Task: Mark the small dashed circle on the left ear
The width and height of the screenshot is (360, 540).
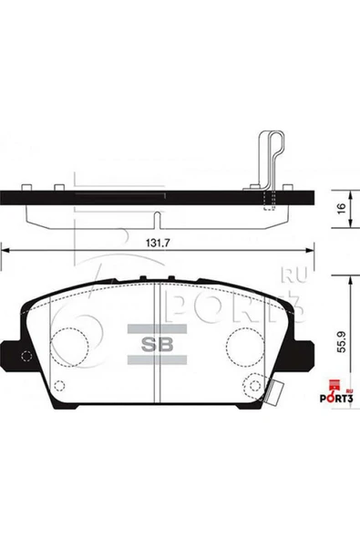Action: click(26, 357)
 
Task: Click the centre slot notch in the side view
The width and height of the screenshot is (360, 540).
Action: click(159, 219)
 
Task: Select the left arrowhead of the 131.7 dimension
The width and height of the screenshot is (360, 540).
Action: click(6, 247)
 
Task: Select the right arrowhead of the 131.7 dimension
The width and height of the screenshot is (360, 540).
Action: click(310, 247)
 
